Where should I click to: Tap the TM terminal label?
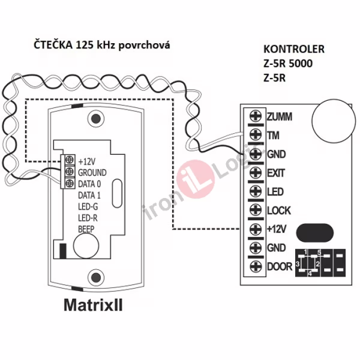tap(272, 135)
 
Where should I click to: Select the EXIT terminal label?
tap(275, 173)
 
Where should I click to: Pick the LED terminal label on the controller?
tap(274, 191)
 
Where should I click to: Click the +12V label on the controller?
tap(277, 229)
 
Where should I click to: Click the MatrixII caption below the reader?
tap(93, 305)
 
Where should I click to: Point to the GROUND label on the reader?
tap(92, 172)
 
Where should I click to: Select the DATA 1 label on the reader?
tap(90, 195)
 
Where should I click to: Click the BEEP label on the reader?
tap(88, 229)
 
